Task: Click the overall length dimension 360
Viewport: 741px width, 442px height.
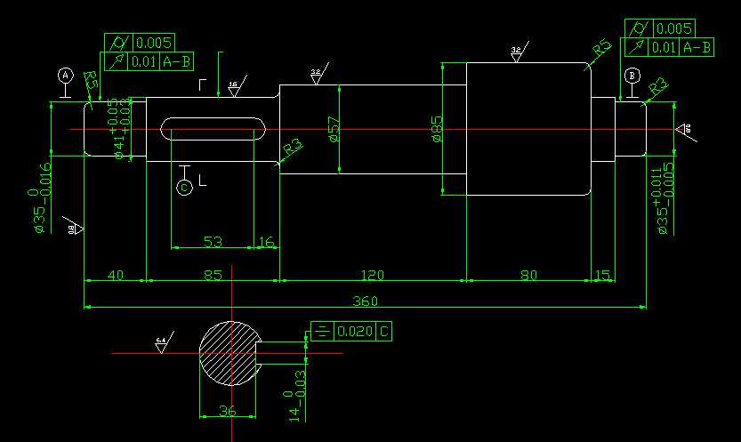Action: click(x=365, y=301)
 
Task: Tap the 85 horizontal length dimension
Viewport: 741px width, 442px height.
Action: click(x=213, y=276)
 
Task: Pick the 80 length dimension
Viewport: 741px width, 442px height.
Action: click(x=528, y=276)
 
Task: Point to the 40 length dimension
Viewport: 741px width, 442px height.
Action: click(x=115, y=276)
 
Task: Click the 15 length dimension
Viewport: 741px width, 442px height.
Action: click(x=603, y=276)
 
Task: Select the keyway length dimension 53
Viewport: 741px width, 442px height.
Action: click(x=213, y=242)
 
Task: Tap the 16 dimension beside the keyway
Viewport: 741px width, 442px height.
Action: click(x=266, y=242)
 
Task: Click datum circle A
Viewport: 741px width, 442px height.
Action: click(x=65, y=76)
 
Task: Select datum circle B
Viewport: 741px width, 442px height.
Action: click(x=632, y=76)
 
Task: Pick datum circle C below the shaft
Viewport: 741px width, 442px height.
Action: click(x=184, y=188)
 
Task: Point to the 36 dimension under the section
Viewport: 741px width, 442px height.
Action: click(x=228, y=411)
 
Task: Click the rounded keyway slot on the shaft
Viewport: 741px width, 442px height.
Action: click(x=214, y=130)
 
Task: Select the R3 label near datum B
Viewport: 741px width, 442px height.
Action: click(x=658, y=86)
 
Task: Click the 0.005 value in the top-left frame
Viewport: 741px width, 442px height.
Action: click(x=154, y=43)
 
